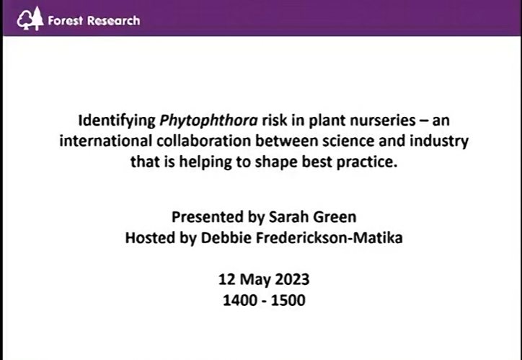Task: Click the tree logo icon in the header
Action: point(30,19)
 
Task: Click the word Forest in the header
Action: point(66,21)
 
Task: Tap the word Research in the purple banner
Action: point(114,21)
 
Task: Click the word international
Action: point(106,141)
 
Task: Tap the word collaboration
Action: point(204,141)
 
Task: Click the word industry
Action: point(439,141)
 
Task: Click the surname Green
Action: point(335,217)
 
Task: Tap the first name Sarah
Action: point(289,217)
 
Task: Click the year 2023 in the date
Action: point(292,280)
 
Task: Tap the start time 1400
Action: point(240,301)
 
